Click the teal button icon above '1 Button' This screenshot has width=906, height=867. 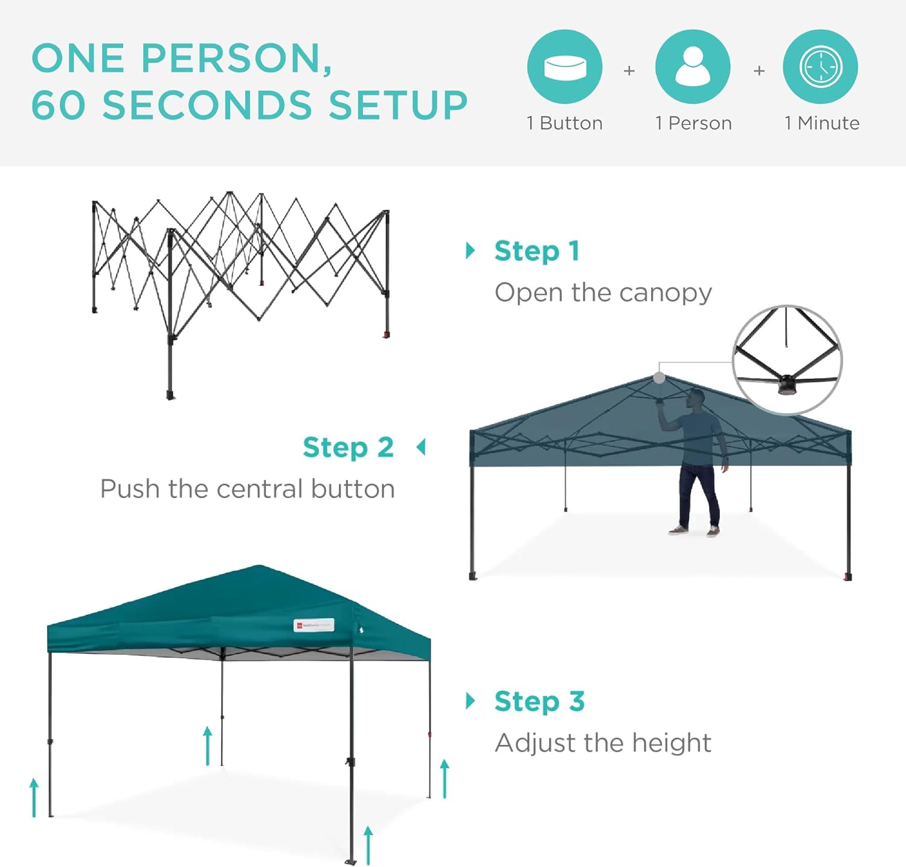pyautogui.click(x=565, y=66)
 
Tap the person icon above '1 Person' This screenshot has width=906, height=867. pyautogui.click(x=693, y=66)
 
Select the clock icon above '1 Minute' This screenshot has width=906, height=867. pyautogui.click(x=820, y=66)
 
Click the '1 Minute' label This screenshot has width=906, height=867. pyautogui.click(x=821, y=123)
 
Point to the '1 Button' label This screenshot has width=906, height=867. pyautogui.click(x=565, y=123)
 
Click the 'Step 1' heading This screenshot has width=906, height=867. pyautogui.click(x=537, y=251)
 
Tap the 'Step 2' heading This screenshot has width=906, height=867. pyautogui.click(x=348, y=448)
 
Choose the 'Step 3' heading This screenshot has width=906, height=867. pyautogui.click(x=539, y=702)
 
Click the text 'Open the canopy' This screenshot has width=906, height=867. pyautogui.click(x=603, y=293)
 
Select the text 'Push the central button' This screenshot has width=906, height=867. pyautogui.click(x=248, y=489)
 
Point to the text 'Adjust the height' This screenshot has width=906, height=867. pyautogui.click(x=603, y=743)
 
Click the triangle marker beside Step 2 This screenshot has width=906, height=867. pyautogui.click(x=421, y=447)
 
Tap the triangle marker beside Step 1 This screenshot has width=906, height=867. pyautogui.click(x=471, y=251)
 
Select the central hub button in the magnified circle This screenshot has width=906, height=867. pyautogui.click(x=786, y=385)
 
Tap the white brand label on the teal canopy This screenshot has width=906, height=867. pyautogui.click(x=313, y=625)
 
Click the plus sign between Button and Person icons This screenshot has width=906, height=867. pyautogui.click(x=629, y=71)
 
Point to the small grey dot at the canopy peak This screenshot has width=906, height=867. pyautogui.click(x=659, y=378)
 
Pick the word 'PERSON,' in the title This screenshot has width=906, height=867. pyautogui.click(x=236, y=59)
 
